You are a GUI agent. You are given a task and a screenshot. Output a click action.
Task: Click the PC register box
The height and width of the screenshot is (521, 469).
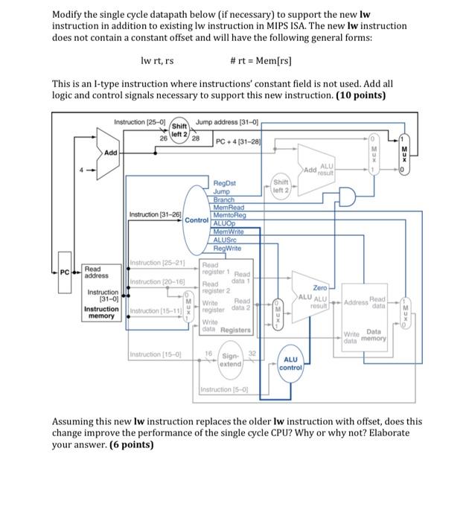click(x=66, y=273)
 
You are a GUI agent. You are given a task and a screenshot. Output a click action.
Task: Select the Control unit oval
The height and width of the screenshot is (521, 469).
click(x=196, y=220)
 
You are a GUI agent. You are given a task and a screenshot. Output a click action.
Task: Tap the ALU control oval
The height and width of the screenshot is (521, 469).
click(x=290, y=363)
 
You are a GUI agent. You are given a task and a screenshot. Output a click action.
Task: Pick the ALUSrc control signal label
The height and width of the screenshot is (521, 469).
click(x=225, y=240)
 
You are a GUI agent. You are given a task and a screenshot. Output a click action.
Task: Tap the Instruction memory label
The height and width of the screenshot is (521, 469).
click(x=100, y=312)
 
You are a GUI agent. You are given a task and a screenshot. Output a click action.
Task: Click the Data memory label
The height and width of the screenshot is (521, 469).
click(x=374, y=335)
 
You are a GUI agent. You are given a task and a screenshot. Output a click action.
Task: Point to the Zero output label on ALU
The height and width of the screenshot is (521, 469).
click(x=319, y=287)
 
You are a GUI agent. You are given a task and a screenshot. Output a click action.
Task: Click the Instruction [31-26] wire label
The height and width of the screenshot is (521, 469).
click(x=154, y=215)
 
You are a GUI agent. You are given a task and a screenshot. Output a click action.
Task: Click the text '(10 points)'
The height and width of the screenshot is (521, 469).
click(x=360, y=95)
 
